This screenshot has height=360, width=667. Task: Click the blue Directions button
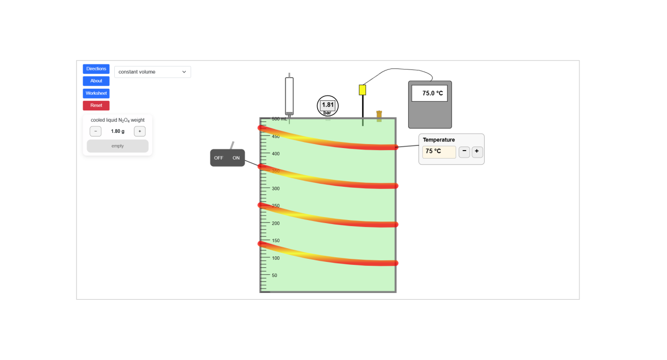tap(96, 69)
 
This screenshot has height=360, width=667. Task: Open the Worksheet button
tap(96, 93)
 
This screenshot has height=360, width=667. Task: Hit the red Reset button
tap(96, 105)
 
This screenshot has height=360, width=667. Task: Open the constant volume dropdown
tap(153, 72)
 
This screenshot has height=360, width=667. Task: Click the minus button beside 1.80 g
tap(96, 131)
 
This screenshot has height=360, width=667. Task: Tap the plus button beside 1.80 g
tap(139, 131)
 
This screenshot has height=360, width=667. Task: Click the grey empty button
tap(117, 146)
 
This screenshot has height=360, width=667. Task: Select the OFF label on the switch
tap(218, 158)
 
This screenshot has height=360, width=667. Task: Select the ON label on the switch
tap(236, 158)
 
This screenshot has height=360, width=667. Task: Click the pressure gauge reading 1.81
tap(328, 106)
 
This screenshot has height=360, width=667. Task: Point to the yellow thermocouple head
tap(362, 90)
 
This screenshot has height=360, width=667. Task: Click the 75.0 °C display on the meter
tap(429, 93)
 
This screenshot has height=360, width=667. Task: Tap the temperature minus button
tap(464, 152)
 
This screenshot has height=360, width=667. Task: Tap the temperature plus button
tap(477, 152)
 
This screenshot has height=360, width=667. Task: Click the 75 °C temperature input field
tap(439, 152)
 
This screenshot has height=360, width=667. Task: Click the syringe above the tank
tap(289, 96)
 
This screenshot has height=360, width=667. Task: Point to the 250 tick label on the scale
tap(276, 206)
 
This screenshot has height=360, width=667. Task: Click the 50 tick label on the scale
tap(274, 275)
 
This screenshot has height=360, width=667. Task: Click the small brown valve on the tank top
tap(379, 116)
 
